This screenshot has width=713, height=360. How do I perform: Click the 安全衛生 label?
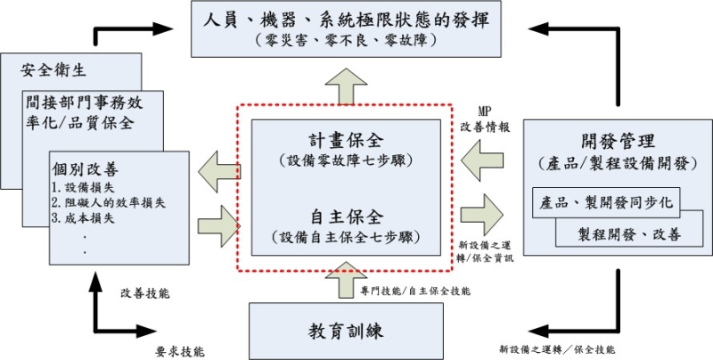point(43,68)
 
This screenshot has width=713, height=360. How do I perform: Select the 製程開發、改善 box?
point(634,234)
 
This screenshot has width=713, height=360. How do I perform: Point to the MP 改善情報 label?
point(486,119)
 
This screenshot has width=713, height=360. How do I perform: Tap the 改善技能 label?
point(144,292)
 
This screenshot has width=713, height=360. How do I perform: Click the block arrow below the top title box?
point(348,84)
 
